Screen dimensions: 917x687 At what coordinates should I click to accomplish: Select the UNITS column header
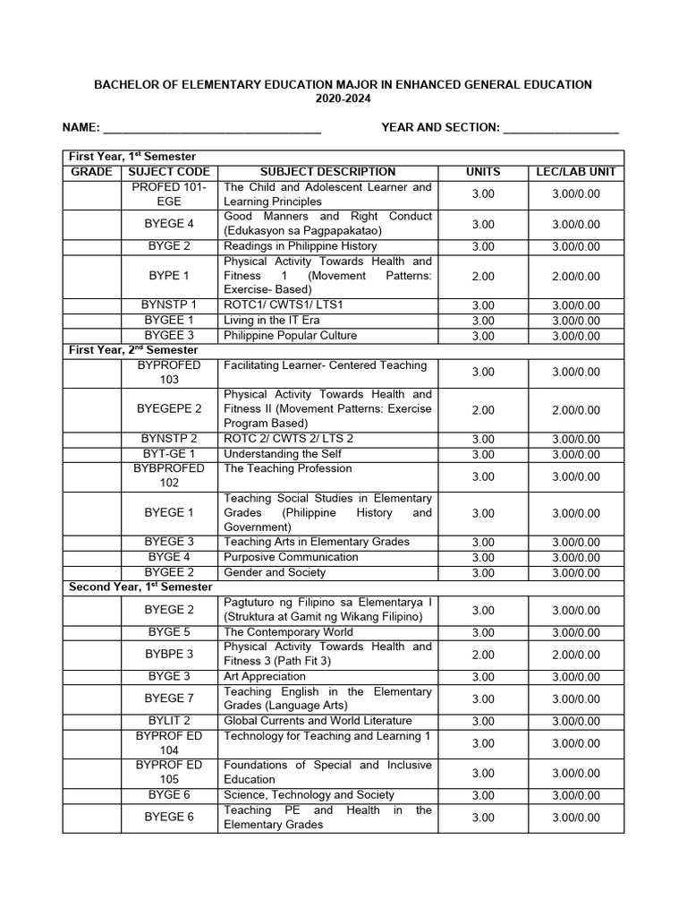tap(483, 171)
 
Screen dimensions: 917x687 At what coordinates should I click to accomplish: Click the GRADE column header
tap(91, 171)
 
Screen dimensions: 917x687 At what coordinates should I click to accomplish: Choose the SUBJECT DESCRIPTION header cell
tap(327, 171)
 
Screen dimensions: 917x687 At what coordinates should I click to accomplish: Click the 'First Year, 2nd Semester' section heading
tap(133, 350)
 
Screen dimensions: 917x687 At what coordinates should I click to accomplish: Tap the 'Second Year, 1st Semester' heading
tap(140, 587)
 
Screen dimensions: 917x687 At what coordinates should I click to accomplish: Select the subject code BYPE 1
tap(169, 276)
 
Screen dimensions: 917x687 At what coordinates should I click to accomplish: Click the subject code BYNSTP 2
tap(169, 439)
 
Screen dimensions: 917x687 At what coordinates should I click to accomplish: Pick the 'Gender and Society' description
tap(275, 572)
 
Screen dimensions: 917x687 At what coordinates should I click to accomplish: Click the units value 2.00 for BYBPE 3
tap(483, 655)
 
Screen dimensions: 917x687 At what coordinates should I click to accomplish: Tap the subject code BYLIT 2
tap(169, 721)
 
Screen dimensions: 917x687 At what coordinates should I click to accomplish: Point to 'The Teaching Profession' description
tap(288, 468)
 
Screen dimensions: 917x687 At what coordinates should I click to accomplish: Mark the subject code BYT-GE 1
tap(169, 454)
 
